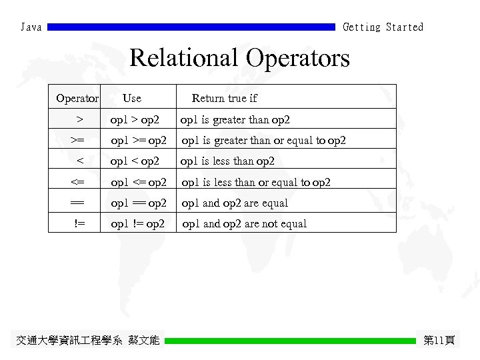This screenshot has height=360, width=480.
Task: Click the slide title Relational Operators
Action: coord(239,58)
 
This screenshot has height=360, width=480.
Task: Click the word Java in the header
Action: coord(31,27)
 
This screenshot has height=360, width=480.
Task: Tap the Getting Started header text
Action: coord(383,27)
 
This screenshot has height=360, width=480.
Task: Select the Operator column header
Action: coord(77,99)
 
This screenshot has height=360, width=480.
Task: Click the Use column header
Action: coord(132,99)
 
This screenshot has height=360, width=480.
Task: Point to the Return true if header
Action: coord(224,99)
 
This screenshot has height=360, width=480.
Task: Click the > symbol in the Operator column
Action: coord(79,120)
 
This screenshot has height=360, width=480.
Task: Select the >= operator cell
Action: coord(78,141)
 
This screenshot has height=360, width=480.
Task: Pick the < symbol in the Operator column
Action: coord(79,161)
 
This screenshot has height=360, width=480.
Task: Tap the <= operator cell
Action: coord(78,182)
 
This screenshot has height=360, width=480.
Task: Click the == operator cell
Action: coord(77,203)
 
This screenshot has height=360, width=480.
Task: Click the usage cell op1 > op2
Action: coord(135,120)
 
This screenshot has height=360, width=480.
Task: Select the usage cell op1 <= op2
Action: coord(139,182)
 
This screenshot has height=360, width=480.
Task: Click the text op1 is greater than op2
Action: coord(235,120)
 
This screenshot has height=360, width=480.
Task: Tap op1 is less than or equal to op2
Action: coord(256,182)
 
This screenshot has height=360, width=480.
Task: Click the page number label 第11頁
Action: coord(439,341)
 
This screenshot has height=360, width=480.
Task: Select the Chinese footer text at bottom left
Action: coord(87,341)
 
